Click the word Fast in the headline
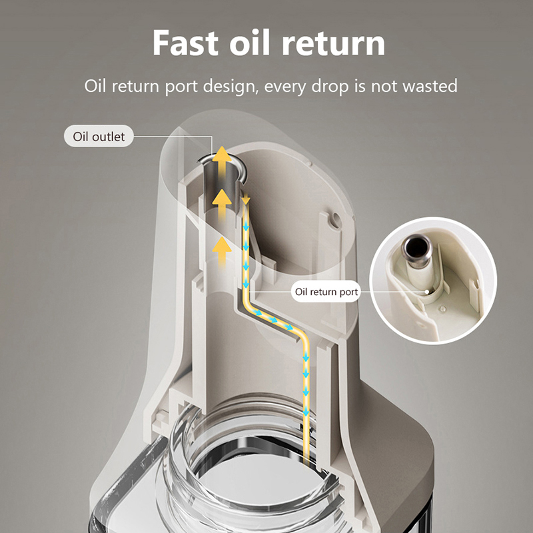185,43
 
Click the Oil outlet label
99,137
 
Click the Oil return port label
326,292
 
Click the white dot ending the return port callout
426,292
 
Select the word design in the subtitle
229,87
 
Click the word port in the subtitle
181,87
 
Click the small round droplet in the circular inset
443,309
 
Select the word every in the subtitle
285,87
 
